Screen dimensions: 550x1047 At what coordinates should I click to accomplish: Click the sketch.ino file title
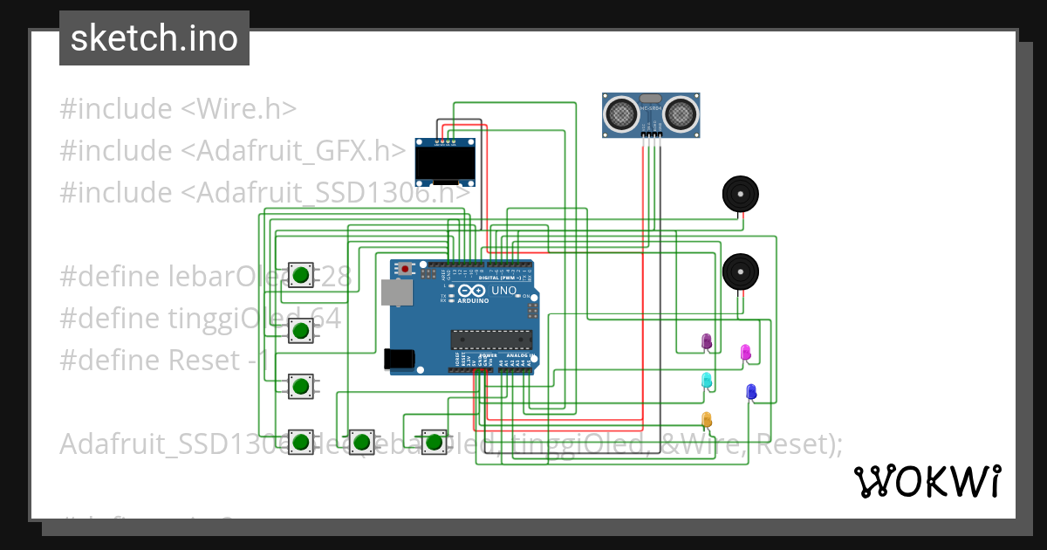tap(154, 38)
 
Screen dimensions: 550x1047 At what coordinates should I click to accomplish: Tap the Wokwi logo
tap(927, 481)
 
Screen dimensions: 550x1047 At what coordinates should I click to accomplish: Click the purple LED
tap(707, 341)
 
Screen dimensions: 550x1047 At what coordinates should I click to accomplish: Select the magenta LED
tap(745, 352)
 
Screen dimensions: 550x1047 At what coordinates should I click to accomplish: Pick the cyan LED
tap(707, 380)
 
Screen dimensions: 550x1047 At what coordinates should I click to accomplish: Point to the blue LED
tap(750, 392)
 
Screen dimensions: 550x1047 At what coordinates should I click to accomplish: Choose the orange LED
tap(707, 420)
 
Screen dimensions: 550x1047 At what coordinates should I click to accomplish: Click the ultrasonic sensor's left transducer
tap(621, 113)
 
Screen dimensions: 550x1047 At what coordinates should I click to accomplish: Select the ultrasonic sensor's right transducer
tap(681, 113)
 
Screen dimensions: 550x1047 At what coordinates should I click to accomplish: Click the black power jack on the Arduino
tap(399, 359)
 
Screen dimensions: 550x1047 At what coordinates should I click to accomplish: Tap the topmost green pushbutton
tap(301, 274)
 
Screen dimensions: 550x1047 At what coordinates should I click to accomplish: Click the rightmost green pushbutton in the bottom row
tap(434, 442)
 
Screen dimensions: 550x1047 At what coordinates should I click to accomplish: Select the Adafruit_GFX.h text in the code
tap(294, 151)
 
